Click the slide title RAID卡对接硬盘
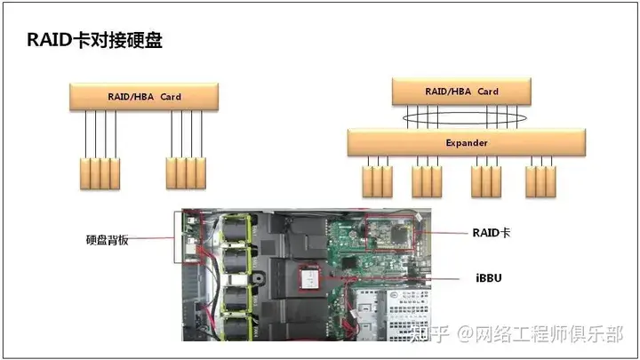95,40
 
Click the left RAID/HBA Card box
144,97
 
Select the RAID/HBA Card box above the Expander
461,92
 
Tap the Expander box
467,142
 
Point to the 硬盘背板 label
108,240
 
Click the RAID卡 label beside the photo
492,233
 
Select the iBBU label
489,278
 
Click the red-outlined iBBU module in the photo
309,277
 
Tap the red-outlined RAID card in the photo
390,232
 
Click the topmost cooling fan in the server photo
236,229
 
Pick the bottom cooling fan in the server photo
236,329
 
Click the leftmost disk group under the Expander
378,181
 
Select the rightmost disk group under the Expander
540,181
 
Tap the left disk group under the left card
100,173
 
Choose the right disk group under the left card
186,173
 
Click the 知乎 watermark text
429,334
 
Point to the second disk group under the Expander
427,181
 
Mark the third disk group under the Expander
486,181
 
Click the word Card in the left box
171,97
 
